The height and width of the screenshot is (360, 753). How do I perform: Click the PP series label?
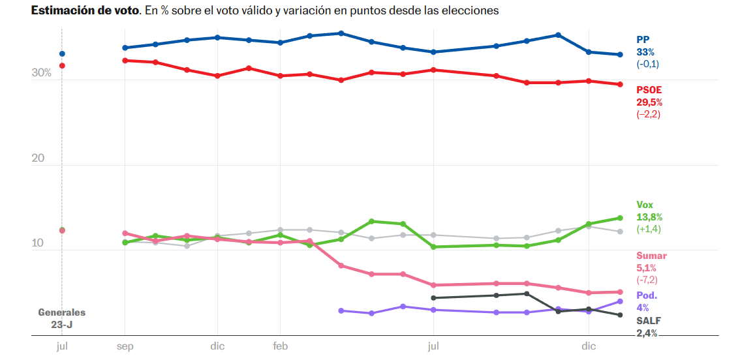pyautogui.click(x=643, y=39)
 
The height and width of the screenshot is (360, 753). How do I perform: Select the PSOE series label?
pyautogui.click(x=649, y=89)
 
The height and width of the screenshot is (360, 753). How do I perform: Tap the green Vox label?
pyautogui.click(x=645, y=204)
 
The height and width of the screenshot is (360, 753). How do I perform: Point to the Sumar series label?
pyautogui.click(x=651, y=256)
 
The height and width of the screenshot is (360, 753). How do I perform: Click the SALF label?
pyautogui.click(x=648, y=320)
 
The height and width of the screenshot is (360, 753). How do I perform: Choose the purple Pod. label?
pyautogui.click(x=647, y=295)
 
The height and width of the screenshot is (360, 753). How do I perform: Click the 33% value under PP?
pyautogui.click(x=645, y=52)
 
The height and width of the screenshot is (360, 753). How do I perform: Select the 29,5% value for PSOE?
pyautogui.click(x=649, y=102)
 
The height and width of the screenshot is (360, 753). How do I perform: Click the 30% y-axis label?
pyautogui.click(x=41, y=74)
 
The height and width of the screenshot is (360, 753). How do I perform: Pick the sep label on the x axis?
pyautogui.click(x=125, y=346)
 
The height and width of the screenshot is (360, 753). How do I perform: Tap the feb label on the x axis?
pyautogui.click(x=280, y=346)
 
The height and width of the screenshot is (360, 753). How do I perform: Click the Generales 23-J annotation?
pyautogui.click(x=61, y=318)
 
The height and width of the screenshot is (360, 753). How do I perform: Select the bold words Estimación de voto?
pyautogui.click(x=85, y=11)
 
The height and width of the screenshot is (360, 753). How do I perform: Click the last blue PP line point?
pyautogui.click(x=620, y=54)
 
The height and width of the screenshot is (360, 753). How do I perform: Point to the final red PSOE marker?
pyautogui.click(x=620, y=84)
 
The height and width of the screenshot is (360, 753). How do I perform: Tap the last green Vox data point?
pyautogui.click(x=620, y=218)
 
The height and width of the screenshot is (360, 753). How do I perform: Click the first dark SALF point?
pyautogui.click(x=433, y=298)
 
